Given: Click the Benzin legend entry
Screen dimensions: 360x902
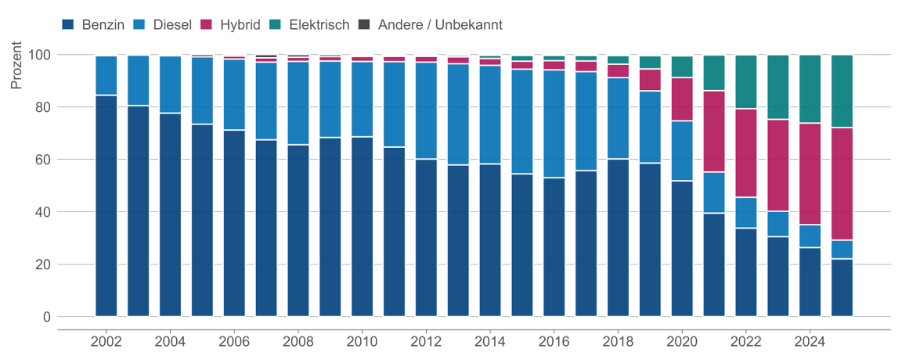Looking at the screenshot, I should [93, 24].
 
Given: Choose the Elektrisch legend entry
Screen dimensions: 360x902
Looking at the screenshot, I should [308, 24].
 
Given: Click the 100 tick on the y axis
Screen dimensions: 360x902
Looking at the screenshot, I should [40, 55].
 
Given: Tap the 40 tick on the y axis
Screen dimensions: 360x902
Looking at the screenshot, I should [43, 212].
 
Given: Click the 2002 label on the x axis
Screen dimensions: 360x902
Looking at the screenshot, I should [106, 341].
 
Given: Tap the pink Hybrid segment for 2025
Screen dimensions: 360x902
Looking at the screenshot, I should [842, 184].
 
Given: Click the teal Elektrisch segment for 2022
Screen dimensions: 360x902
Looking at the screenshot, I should [746, 82].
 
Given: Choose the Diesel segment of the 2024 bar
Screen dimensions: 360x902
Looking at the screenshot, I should [810, 236].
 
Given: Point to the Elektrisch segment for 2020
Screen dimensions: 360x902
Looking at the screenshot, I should [682, 67].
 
